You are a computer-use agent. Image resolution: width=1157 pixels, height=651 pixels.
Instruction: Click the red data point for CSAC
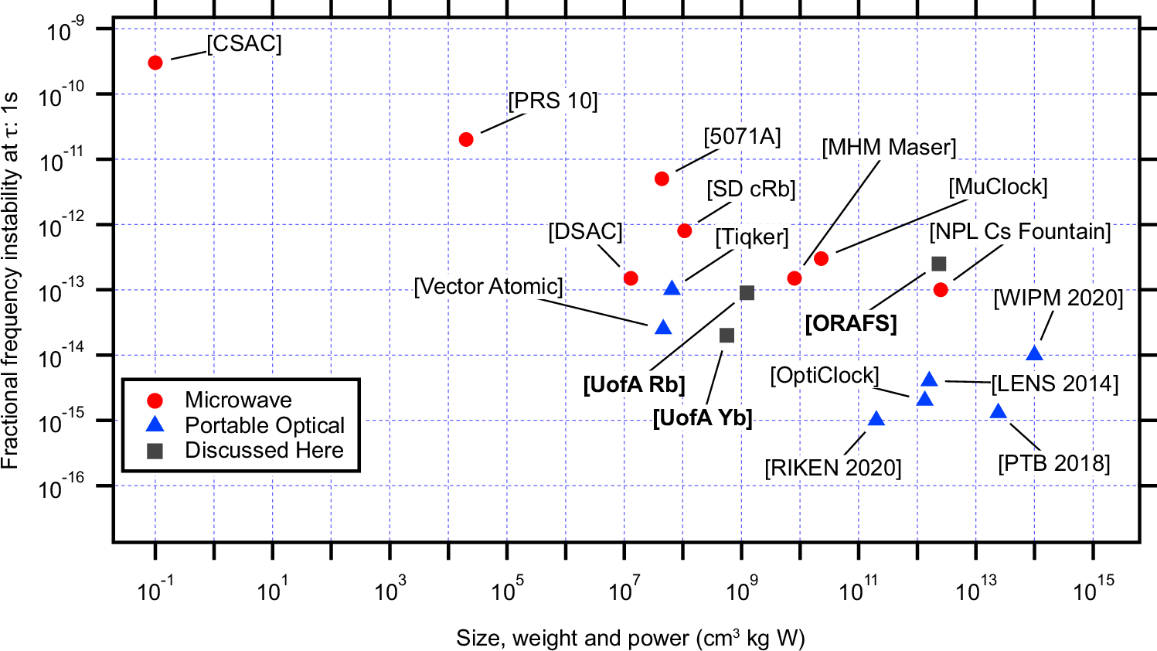coord(155,63)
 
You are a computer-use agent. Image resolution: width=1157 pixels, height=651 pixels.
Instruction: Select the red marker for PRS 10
coord(466,139)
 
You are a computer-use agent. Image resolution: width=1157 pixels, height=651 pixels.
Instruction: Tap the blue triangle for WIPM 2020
coord(1034,354)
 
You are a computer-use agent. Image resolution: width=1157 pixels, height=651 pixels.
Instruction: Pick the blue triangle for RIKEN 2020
coord(876,419)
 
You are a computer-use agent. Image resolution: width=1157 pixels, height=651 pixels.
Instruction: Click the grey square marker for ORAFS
coord(938,264)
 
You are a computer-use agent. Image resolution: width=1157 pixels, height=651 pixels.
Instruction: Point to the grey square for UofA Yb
coord(727,336)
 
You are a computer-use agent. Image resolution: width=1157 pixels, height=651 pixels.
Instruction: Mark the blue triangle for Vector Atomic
coord(663,328)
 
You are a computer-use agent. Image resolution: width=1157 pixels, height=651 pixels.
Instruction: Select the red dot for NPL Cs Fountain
coord(941,290)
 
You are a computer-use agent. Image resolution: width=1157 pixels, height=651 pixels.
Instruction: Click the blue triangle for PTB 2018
coord(999,411)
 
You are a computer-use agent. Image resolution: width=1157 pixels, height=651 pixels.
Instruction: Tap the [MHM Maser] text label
coord(889,147)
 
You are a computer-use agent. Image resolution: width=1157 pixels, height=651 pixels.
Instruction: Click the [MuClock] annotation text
coord(998,187)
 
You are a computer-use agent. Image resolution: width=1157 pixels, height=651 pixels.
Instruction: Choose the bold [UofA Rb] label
coord(634,384)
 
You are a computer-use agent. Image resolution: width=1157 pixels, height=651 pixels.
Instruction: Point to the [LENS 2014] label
coord(1054,383)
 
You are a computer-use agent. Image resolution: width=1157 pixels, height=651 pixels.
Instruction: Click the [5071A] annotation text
coord(742,137)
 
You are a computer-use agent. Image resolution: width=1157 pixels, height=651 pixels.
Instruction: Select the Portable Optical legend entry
coord(264,425)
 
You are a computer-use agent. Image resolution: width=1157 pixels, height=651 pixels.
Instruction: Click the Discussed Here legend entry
coord(264,450)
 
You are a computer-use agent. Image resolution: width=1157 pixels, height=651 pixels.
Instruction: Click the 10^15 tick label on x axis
coord(1094,590)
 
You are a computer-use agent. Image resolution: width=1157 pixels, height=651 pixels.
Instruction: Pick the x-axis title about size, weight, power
coord(630,638)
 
